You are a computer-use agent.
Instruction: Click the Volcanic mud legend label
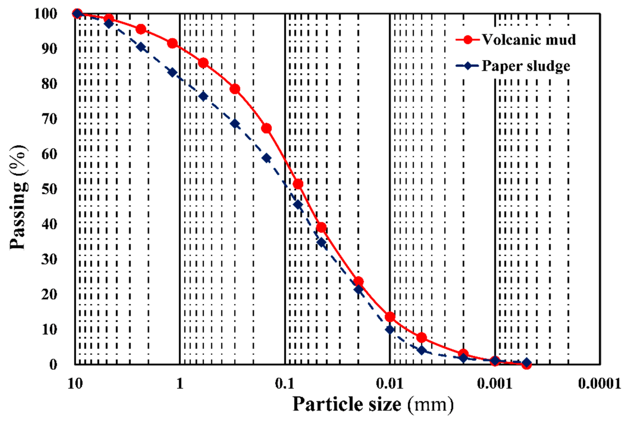[529, 40]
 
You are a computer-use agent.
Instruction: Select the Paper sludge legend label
[526, 66]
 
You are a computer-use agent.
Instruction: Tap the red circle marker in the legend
[468, 40]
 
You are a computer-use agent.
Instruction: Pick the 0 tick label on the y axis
[53, 364]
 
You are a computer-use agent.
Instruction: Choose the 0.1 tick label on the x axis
[285, 384]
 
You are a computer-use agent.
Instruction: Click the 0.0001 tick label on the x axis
[599, 384]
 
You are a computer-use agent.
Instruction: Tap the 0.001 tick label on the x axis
[495, 384]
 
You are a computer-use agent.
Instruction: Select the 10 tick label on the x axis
[75, 384]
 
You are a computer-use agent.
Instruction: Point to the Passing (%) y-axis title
[18, 197]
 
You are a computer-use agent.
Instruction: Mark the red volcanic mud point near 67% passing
[266, 128]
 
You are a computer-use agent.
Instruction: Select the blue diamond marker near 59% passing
[266, 158]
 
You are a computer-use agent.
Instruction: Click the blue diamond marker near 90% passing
[141, 47]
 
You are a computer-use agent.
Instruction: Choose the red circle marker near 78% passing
[235, 89]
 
